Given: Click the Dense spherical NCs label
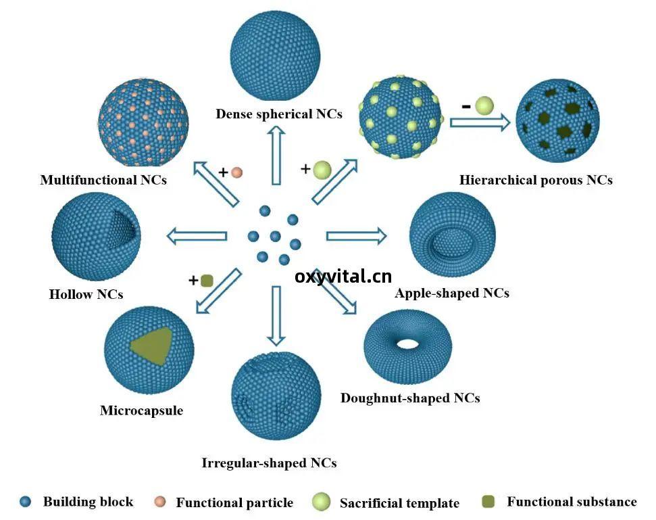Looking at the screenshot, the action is [x=279, y=114].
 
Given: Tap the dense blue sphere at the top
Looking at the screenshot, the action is [x=275, y=55].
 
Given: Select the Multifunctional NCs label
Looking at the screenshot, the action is [x=103, y=180].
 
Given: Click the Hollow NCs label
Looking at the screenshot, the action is [x=86, y=294].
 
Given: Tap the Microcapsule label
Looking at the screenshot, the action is [x=141, y=410].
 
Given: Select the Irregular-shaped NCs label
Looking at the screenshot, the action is [x=269, y=463].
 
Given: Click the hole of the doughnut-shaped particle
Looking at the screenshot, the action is [x=408, y=344].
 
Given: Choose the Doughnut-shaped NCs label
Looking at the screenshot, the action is [x=410, y=398].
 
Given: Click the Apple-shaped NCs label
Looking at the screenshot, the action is [x=452, y=293].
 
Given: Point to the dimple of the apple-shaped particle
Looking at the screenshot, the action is [x=451, y=243].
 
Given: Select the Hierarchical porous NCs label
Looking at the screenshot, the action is [x=536, y=180].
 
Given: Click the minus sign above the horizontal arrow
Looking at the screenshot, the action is [x=466, y=106].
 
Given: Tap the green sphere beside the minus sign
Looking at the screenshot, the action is [x=484, y=105].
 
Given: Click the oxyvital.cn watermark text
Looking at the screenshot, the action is [x=343, y=277].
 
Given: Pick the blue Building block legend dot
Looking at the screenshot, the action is [x=26, y=502].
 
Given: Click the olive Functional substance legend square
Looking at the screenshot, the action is [x=488, y=502].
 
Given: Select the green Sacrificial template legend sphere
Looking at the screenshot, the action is [x=322, y=502].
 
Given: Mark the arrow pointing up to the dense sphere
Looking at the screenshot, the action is [x=276, y=156].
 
